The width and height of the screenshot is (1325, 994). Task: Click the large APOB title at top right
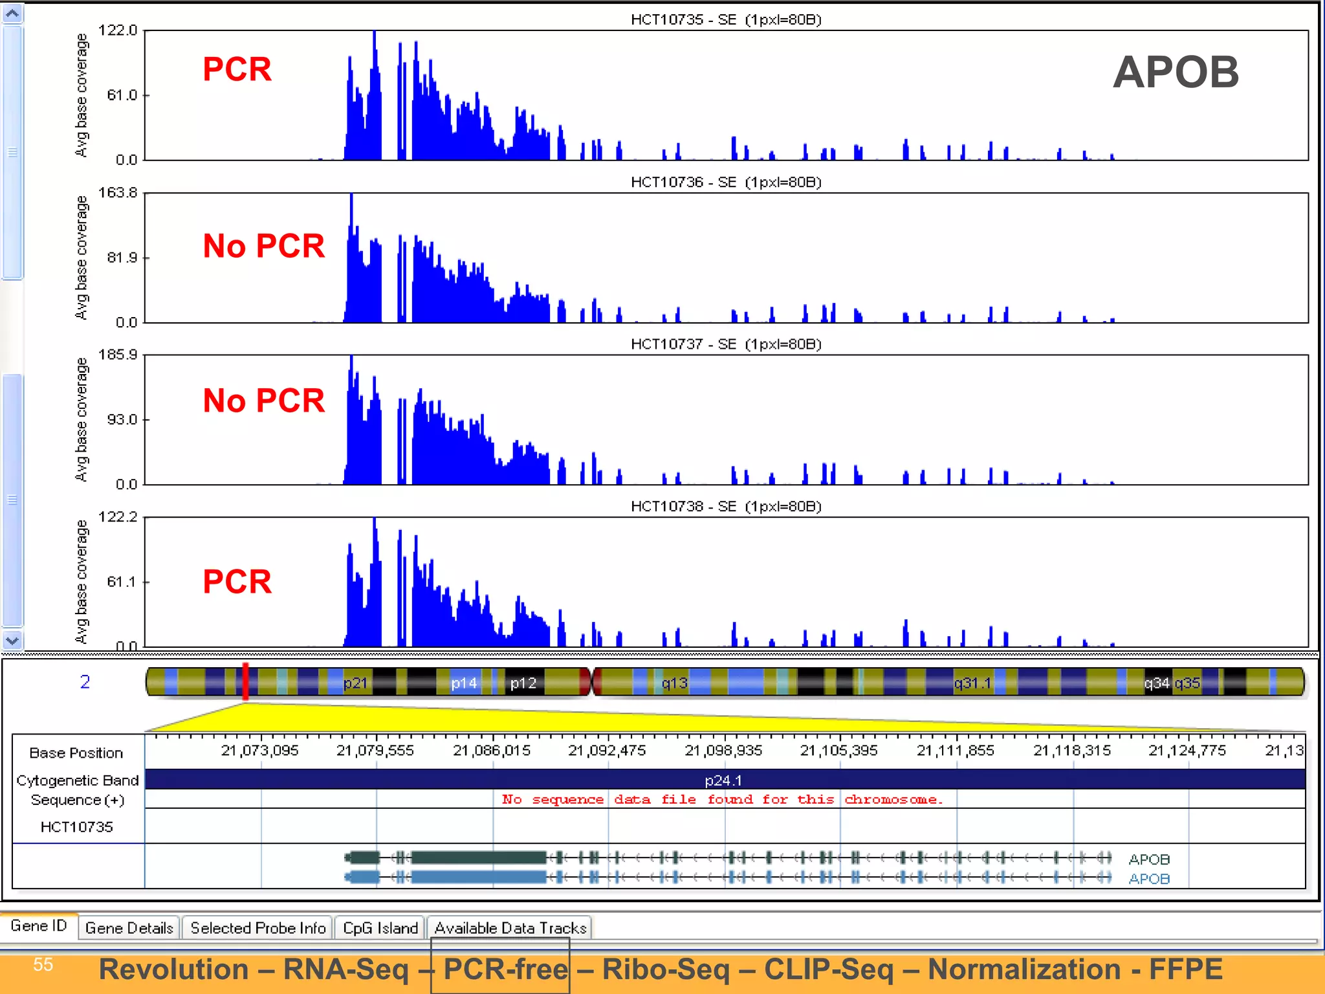pyautogui.click(x=1175, y=72)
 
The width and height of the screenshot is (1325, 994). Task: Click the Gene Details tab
pyautogui.click(x=129, y=928)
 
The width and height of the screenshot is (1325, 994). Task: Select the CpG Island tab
pyautogui.click(x=380, y=928)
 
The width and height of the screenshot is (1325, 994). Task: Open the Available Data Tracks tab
pyautogui.click(x=510, y=928)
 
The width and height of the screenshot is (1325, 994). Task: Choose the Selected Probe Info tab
pyautogui.click(x=257, y=928)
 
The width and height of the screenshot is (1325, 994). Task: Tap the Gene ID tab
pyautogui.click(x=39, y=926)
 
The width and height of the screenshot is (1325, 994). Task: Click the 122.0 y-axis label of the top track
pyautogui.click(x=118, y=30)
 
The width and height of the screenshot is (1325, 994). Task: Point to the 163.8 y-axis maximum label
pyautogui.click(x=118, y=193)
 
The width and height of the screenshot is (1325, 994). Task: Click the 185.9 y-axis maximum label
pyautogui.click(x=118, y=355)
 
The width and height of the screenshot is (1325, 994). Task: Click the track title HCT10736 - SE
pyautogui.click(x=725, y=182)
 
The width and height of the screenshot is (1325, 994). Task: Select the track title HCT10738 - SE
pyautogui.click(x=725, y=507)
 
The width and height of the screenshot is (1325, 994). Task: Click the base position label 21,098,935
pyautogui.click(x=723, y=751)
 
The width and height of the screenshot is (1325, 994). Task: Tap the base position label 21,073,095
pyautogui.click(x=259, y=751)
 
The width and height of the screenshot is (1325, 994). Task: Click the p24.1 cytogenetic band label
pyautogui.click(x=723, y=780)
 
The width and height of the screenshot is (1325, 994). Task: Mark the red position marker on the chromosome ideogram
pyautogui.click(x=245, y=681)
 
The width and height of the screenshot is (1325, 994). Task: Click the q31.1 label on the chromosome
pyautogui.click(x=972, y=683)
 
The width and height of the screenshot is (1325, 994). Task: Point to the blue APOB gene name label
pyautogui.click(x=1149, y=879)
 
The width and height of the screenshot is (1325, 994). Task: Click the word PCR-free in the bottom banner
pyautogui.click(x=505, y=969)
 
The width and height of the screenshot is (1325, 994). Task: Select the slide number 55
pyautogui.click(x=43, y=965)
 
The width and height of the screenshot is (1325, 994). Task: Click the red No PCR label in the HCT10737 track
pyautogui.click(x=263, y=401)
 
